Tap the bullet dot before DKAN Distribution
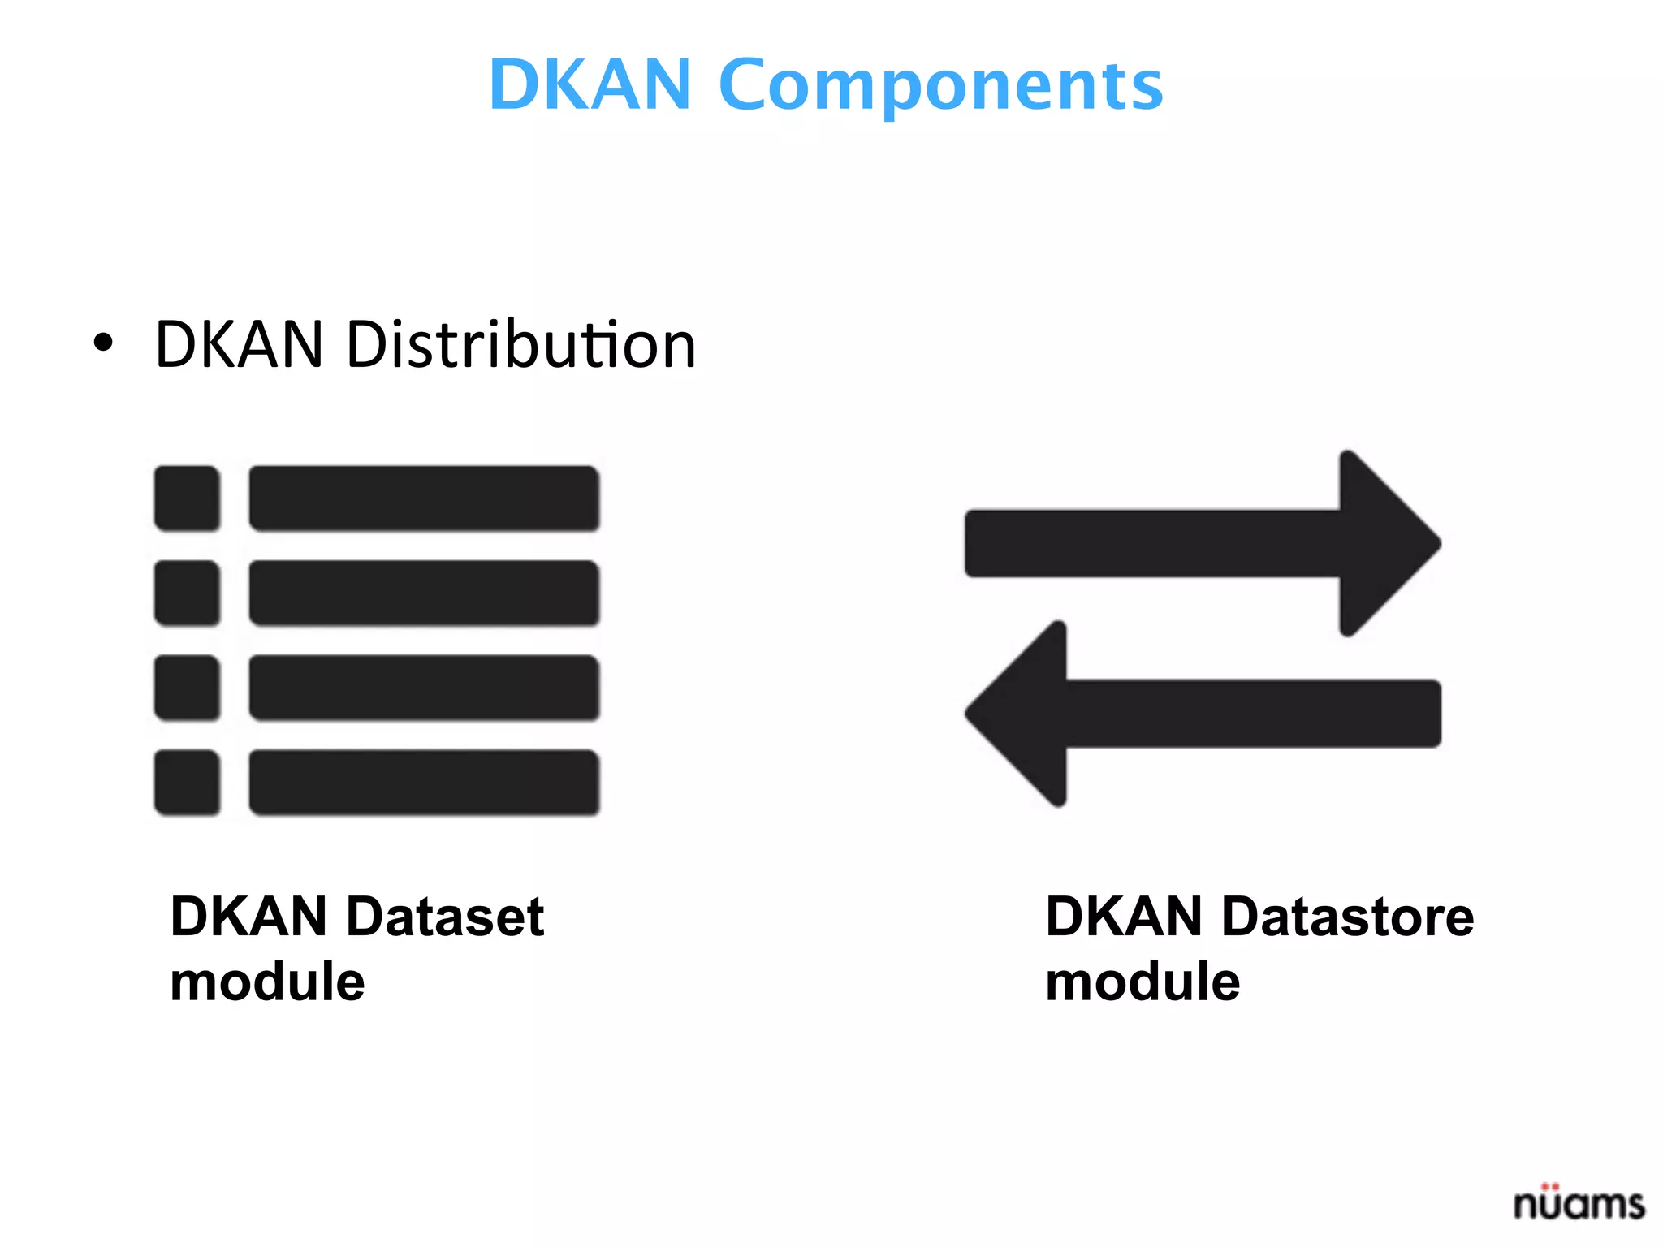[103, 343]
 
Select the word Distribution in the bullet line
[520, 344]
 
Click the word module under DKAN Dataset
[267, 982]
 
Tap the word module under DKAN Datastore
[1143, 982]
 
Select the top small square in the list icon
[188, 498]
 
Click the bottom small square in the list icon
[188, 783]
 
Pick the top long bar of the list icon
[424, 498]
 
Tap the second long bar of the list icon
[424, 593]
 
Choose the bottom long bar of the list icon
[424, 783]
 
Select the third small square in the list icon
[188, 688]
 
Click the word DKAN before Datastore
[1123, 917]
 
